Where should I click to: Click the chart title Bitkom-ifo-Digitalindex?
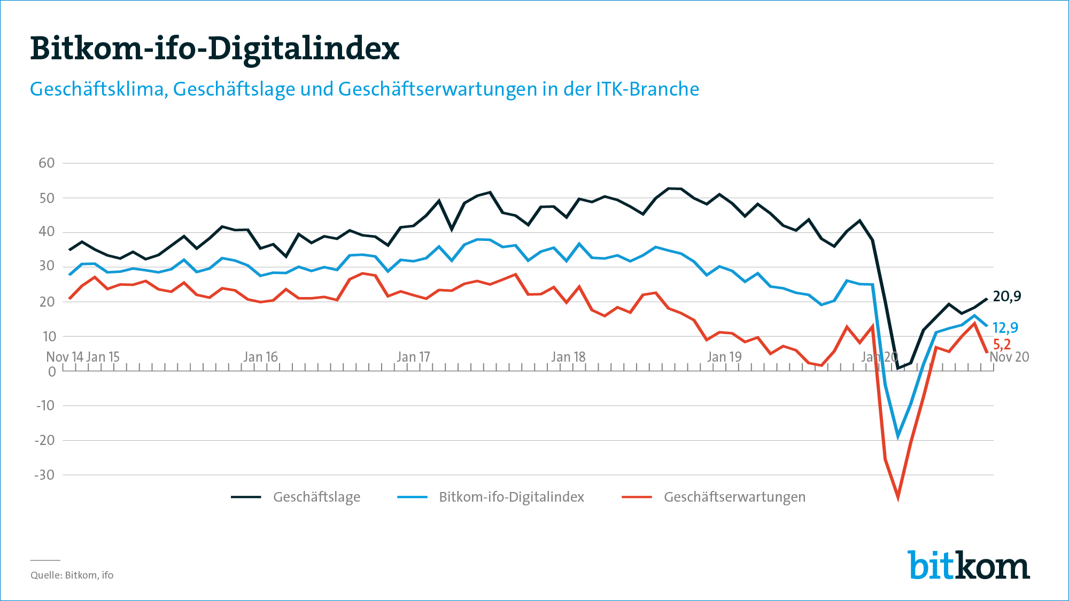pos(214,49)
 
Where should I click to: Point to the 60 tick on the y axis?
pos(47,163)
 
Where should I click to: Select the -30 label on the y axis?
pos(45,475)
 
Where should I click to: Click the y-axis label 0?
pos(52,372)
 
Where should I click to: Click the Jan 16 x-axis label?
pos(261,357)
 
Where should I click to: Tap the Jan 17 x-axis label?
pos(413,357)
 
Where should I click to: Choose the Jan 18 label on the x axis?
pos(568,357)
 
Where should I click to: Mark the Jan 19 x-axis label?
pos(724,357)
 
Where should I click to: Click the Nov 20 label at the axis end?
pos(1009,357)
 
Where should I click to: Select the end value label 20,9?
pos(1007,296)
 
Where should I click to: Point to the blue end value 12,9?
pos(1005,327)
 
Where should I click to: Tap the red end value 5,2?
pos(1002,345)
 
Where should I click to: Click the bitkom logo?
pos(969,565)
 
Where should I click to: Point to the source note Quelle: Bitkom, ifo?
pos(72,575)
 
